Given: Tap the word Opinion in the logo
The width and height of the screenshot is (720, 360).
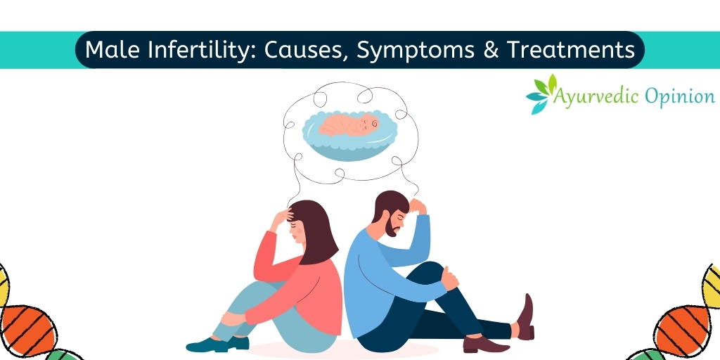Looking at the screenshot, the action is (x=679, y=97).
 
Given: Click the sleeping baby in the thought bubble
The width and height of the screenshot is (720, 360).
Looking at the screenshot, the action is (x=349, y=124).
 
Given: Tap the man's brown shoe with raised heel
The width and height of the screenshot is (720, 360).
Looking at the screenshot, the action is (x=525, y=317).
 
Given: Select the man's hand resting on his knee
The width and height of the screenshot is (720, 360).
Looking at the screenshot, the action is (x=451, y=277).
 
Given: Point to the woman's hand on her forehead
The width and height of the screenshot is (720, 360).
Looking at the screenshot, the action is (x=281, y=217).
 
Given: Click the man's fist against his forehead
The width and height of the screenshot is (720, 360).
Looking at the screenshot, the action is (x=418, y=206).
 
